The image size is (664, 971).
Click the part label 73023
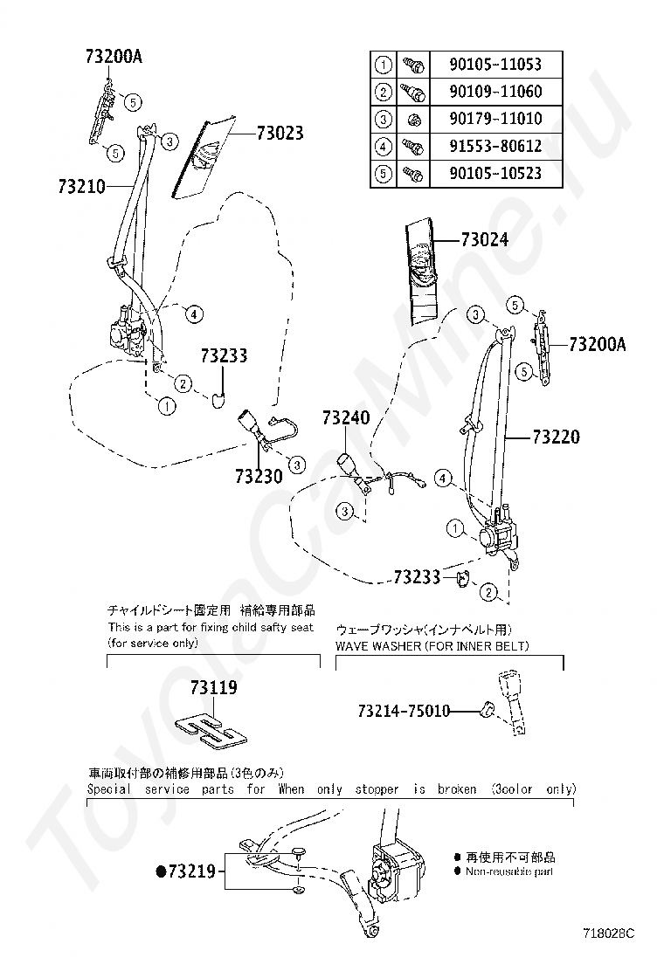280,133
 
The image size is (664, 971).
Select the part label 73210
82,186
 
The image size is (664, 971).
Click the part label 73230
258,477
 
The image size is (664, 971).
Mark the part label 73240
348,417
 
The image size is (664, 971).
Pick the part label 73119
213,688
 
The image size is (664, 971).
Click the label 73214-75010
403,712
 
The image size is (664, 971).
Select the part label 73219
192,871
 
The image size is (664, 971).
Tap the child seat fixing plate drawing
212,730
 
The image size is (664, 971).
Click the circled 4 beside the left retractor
194,313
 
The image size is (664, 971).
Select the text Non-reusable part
509,871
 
